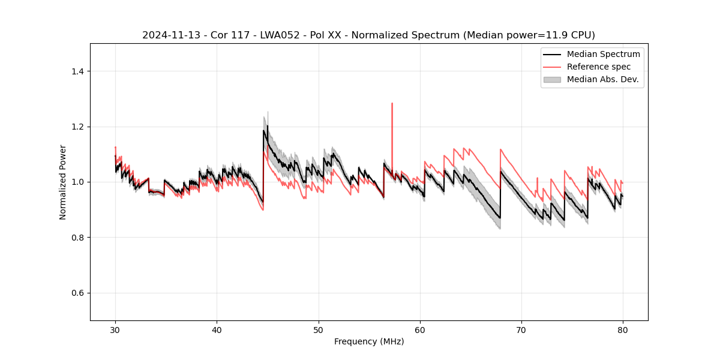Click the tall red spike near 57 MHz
392,104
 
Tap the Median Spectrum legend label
603,54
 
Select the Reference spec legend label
598,67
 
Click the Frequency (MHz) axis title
369,341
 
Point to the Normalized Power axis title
63,182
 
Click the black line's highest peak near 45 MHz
267,126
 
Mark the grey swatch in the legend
552,79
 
